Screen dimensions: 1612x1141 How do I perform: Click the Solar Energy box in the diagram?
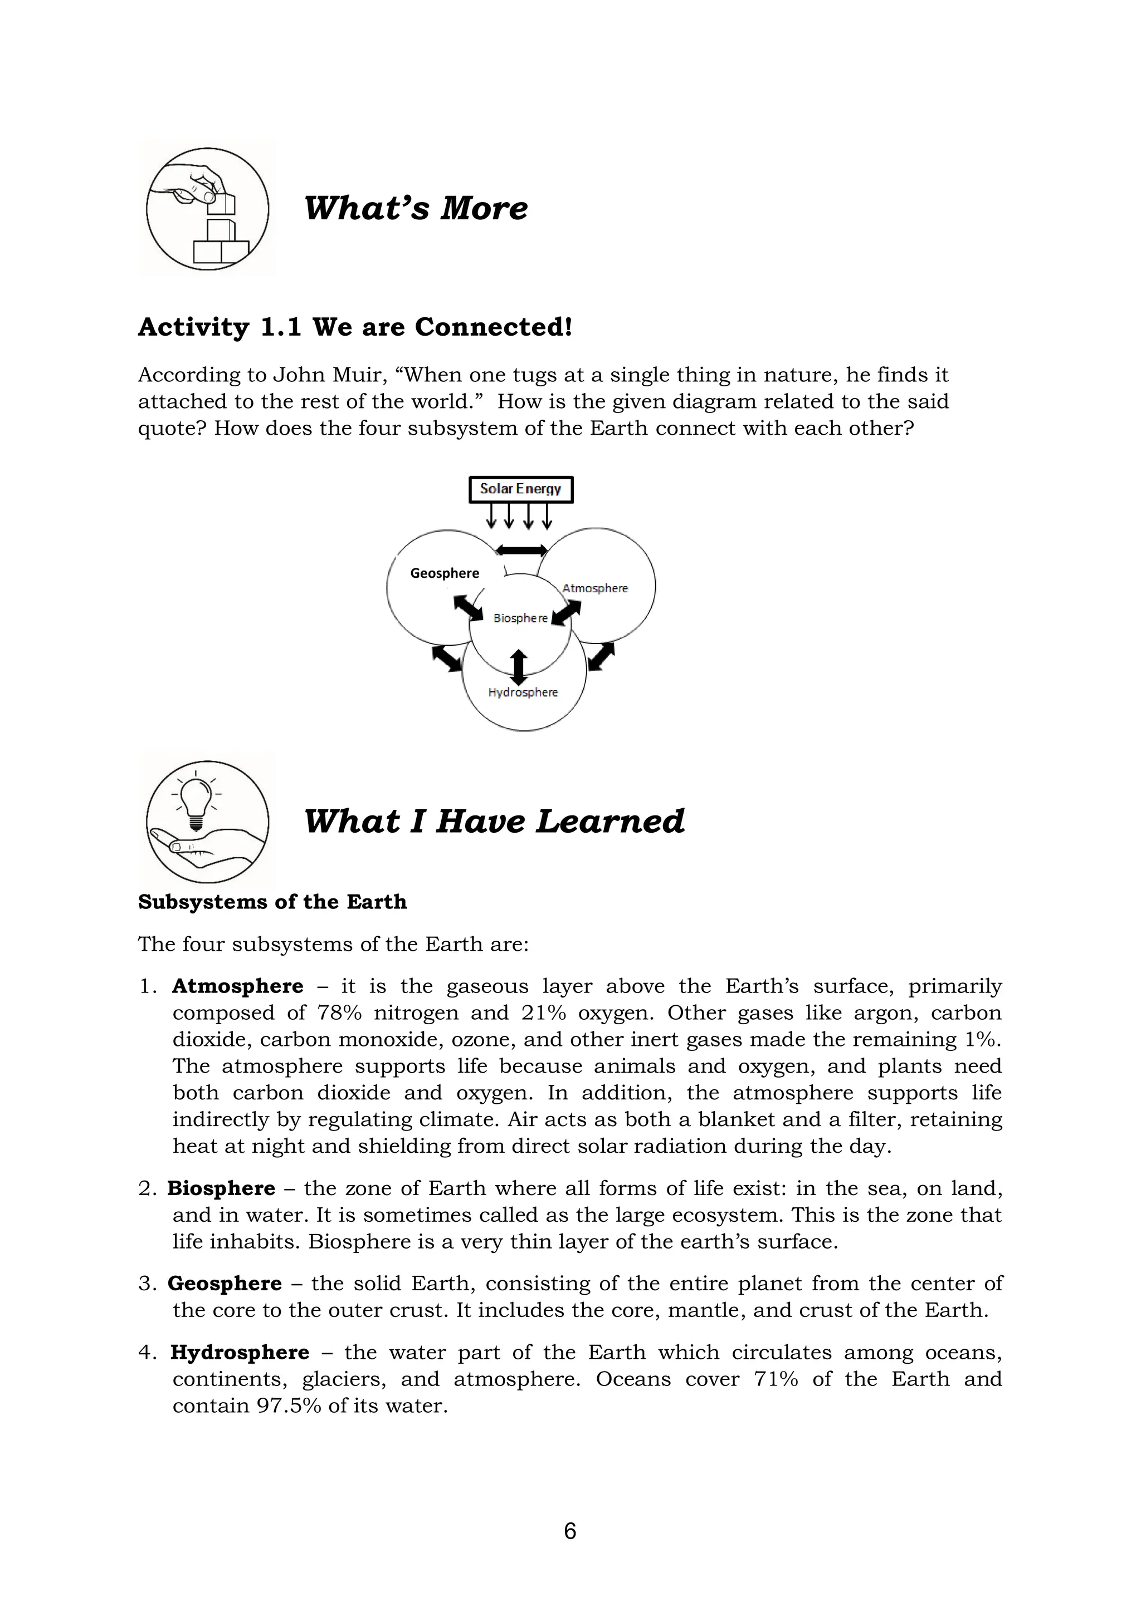(520, 489)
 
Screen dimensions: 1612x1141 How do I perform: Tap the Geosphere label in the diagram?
(444, 573)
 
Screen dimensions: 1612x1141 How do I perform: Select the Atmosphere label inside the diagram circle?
(595, 588)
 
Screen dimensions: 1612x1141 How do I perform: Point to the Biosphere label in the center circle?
(520, 618)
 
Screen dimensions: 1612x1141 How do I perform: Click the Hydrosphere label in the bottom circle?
(523, 692)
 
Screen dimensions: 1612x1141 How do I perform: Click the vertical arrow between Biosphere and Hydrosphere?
(519, 667)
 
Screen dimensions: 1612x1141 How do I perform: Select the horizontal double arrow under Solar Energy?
(521, 550)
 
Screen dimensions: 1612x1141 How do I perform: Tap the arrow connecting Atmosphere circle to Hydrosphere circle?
(601, 656)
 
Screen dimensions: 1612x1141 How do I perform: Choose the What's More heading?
(415, 209)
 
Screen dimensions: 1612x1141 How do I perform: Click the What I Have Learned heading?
(494, 822)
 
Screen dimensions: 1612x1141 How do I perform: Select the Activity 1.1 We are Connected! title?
(355, 327)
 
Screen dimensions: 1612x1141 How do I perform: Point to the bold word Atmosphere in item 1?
(237, 986)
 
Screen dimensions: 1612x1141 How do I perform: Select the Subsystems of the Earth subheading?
(272, 902)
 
